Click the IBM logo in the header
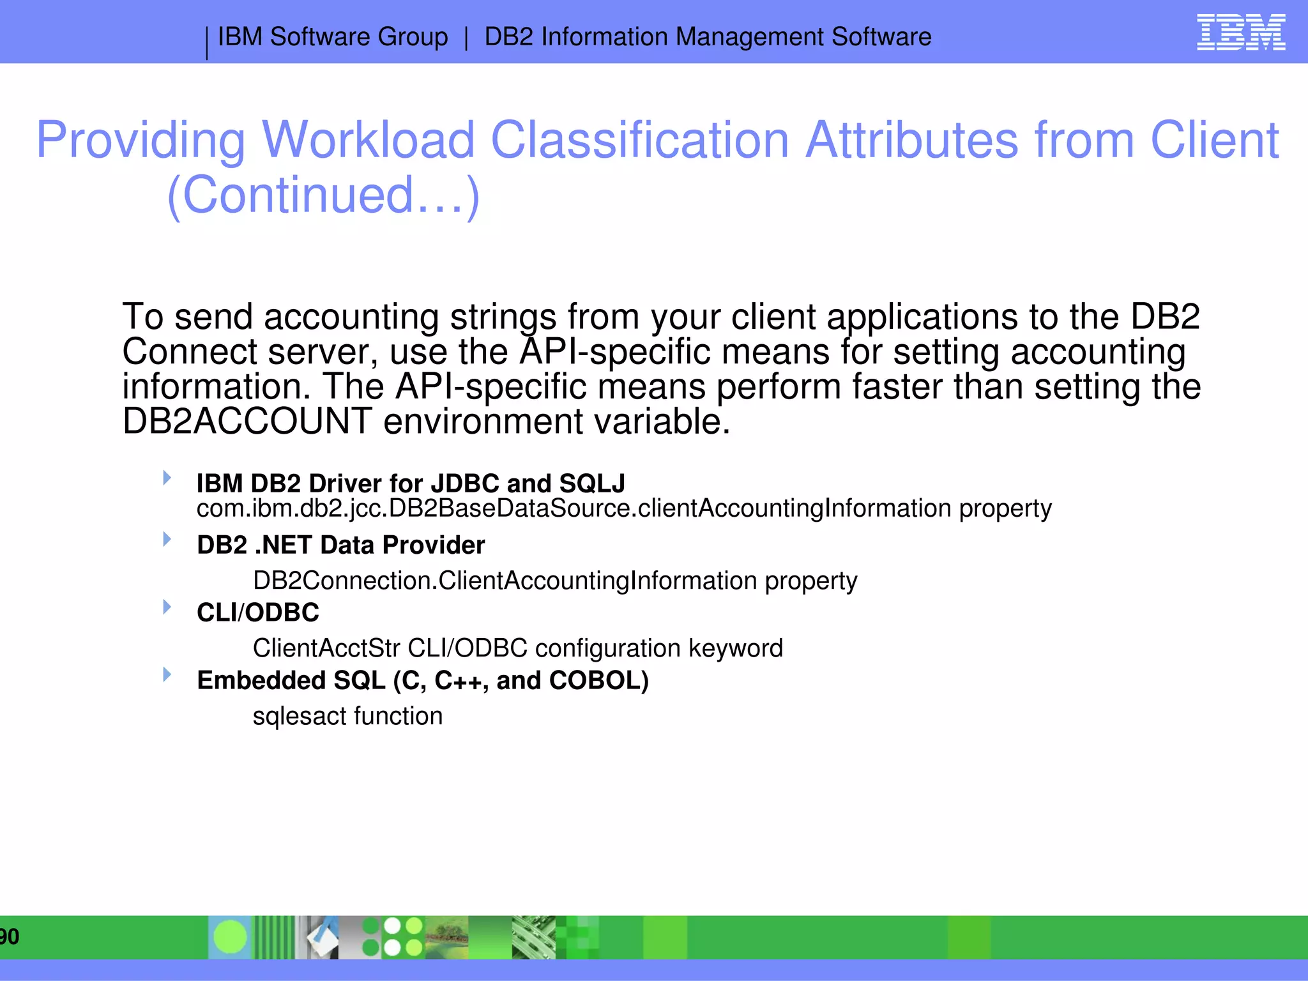(1240, 33)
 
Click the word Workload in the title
(368, 140)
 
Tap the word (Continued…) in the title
(323, 195)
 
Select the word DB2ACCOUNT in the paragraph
(247, 422)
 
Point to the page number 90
(10, 937)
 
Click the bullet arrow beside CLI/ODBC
(167, 607)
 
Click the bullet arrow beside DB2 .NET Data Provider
(167, 539)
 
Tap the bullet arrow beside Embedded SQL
(167, 674)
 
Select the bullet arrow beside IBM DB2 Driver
(167, 478)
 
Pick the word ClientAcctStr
(326, 648)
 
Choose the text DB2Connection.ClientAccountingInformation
(505, 581)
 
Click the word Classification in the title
(640, 140)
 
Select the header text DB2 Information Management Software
(708, 37)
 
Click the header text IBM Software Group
(333, 37)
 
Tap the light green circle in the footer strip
(230, 937)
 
